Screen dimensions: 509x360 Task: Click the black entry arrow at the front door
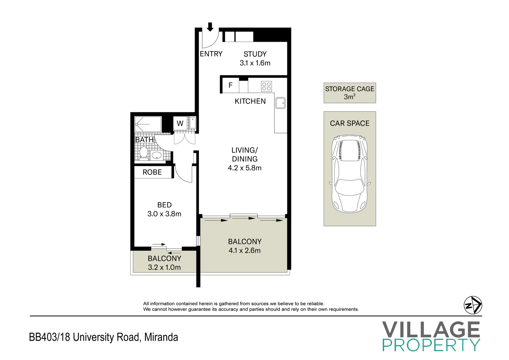pos(210,27)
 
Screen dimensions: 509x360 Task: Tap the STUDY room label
pos(255,54)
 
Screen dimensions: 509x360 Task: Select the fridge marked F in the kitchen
pos(230,85)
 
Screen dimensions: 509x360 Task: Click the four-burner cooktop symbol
pos(266,86)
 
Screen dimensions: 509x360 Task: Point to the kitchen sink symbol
pos(280,103)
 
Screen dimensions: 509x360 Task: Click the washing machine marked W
pos(180,123)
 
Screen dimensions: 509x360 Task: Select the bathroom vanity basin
pos(156,155)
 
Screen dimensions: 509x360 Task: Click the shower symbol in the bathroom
pos(148,124)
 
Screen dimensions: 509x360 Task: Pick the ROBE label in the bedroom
pos(152,172)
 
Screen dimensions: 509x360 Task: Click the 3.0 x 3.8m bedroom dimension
pos(164,214)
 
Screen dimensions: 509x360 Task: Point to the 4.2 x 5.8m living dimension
pos(245,168)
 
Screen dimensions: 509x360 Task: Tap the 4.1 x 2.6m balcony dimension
pos(245,250)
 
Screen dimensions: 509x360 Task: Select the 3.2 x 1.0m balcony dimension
pos(164,267)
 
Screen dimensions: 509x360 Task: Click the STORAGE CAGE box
pos(350,93)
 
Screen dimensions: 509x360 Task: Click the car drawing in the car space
pos(350,174)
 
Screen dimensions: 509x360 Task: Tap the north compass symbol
pos(473,305)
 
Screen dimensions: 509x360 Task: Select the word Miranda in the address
pos(161,337)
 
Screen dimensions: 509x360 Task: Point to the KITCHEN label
pos(250,101)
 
